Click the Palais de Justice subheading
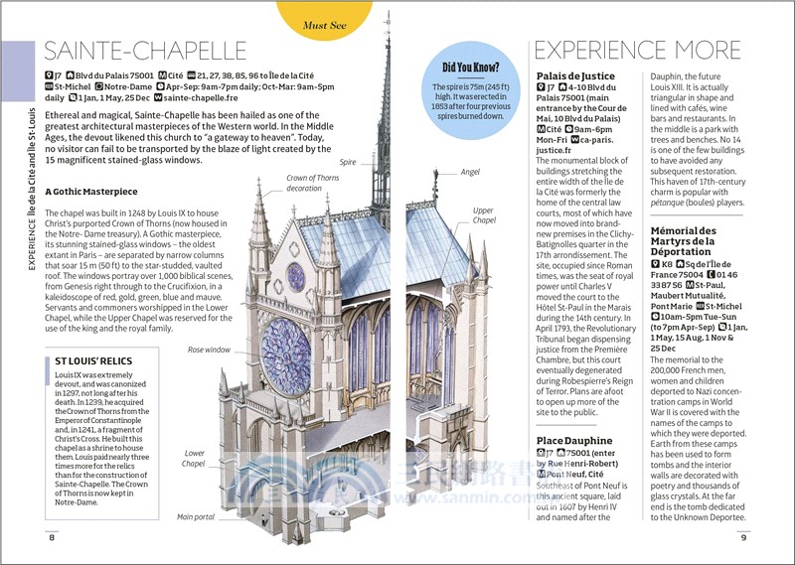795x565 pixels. click(575, 75)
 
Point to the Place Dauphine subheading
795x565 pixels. click(574, 440)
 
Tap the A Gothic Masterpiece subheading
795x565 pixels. click(98, 191)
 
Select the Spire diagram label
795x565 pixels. click(347, 161)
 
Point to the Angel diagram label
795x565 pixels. click(470, 172)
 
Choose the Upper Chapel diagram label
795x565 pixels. click(483, 215)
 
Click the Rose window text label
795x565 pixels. click(210, 350)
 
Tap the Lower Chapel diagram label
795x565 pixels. click(194, 459)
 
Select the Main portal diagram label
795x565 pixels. click(198, 517)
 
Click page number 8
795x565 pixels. click(52, 538)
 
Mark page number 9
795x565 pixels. click(742, 538)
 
